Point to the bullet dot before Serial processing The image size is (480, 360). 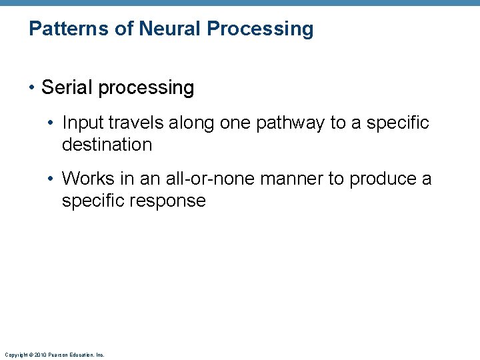[x=33, y=88]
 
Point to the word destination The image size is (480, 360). [x=107, y=145]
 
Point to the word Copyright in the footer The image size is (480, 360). [x=13, y=355]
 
